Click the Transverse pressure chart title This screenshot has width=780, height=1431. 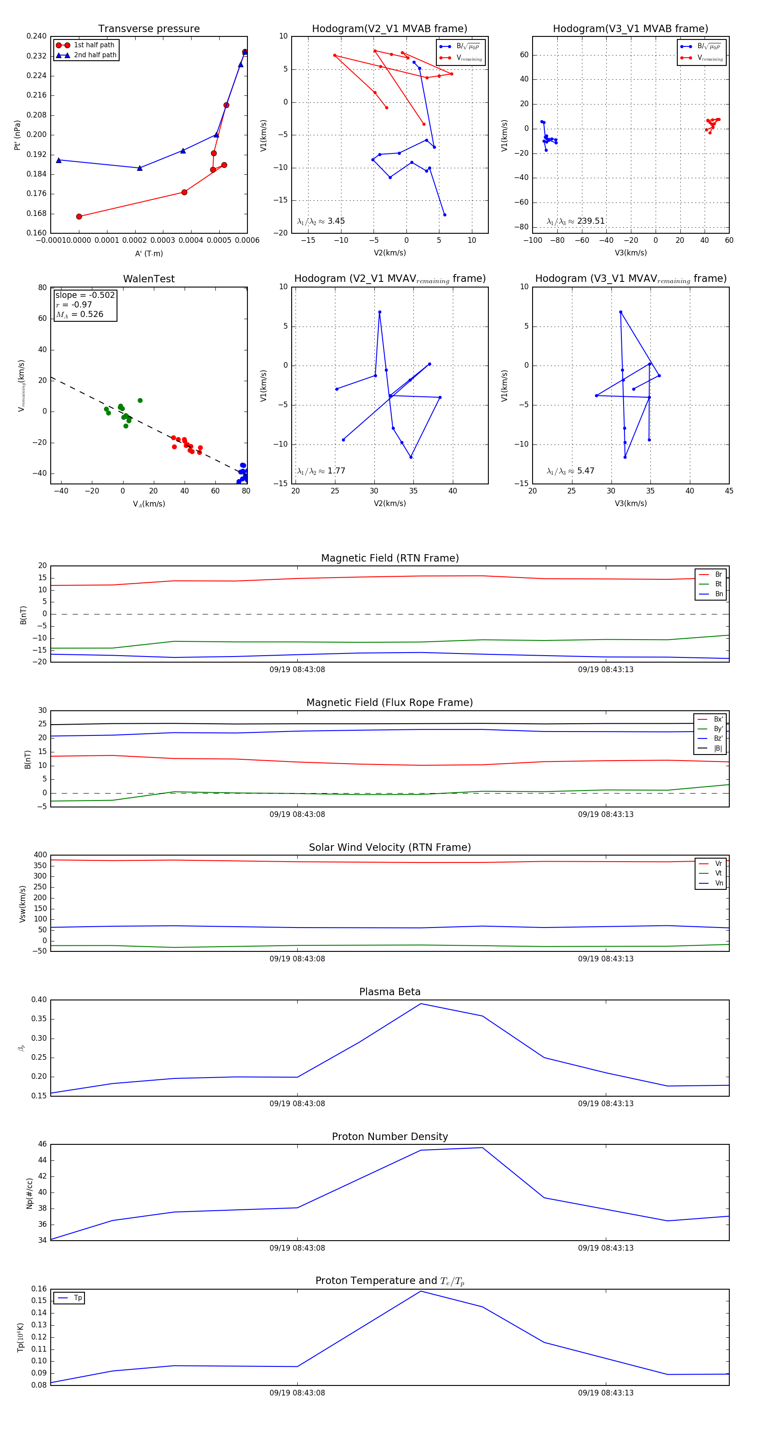tap(149, 29)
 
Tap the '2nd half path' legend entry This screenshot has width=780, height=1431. tap(95, 55)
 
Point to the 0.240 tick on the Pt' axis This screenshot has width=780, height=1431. tap(37, 36)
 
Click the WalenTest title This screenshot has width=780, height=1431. tap(149, 279)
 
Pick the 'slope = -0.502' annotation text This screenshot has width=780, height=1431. tap(85, 295)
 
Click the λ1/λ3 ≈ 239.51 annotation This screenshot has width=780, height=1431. tap(576, 221)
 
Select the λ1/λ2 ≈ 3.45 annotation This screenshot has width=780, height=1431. tap(321, 221)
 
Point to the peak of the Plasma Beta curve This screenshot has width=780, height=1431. tap(421, 1003)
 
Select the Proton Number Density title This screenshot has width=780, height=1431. tap(390, 1136)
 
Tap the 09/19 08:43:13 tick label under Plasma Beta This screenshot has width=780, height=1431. tap(606, 1103)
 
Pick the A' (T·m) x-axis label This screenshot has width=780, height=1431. tap(149, 253)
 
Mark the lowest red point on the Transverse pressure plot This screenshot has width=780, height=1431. tap(79, 217)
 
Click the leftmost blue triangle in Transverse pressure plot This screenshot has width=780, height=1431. tap(59, 160)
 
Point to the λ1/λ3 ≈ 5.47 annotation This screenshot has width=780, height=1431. tap(571, 471)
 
